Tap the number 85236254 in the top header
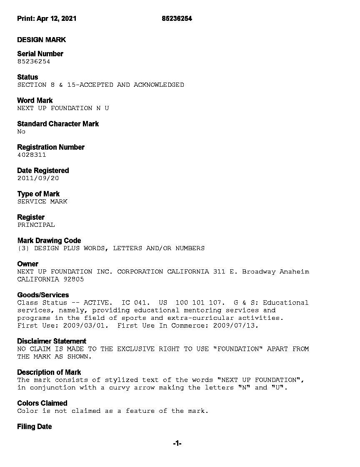click(x=177, y=18)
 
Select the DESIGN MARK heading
click(x=41, y=40)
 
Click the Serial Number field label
click(x=40, y=54)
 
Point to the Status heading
click(x=27, y=77)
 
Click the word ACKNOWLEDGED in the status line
click(x=159, y=85)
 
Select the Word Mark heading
click(x=35, y=100)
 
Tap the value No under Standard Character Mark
click(x=21, y=131)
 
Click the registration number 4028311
click(x=32, y=155)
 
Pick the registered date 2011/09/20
click(x=38, y=178)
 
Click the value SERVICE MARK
click(x=42, y=201)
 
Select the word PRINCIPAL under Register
click(x=36, y=225)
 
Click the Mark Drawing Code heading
click(x=49, y=241)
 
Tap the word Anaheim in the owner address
click(x=294, y=271)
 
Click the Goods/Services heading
click(x=43, y=295)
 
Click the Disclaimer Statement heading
click(x=52, y=341)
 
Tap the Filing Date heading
click(x=35, y=427)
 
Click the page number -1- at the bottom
click(x=177, y=444)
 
